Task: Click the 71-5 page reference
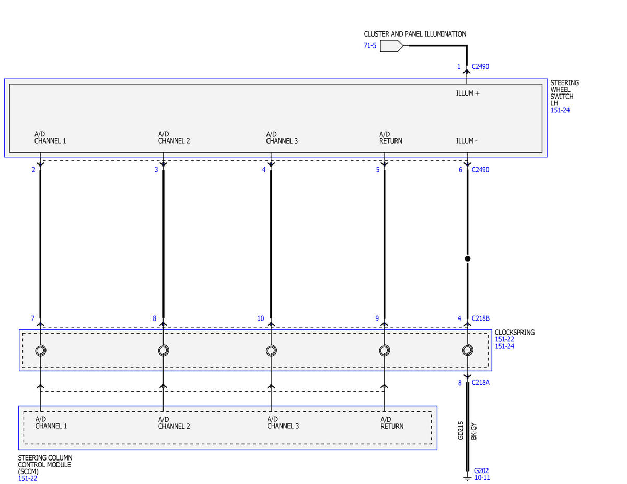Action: pos(369,45)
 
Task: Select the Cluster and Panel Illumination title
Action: pos(415,34)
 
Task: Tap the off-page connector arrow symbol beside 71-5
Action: pos(391,46)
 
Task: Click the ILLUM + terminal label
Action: pos(468,93)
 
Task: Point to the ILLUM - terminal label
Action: pos(467,141)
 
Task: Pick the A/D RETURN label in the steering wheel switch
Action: pos(390,137)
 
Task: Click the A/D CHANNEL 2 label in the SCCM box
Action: pos(173,422)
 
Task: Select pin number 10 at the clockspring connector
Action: pos(261,318)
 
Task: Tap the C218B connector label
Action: pos(480,318)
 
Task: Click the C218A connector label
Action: pos(480,383)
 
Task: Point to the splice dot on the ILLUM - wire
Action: pos(468,258)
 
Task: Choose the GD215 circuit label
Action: pos(460,430)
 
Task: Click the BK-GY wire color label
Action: pos(474,431)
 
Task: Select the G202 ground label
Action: pos(481,470)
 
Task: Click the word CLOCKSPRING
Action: pos(515,333)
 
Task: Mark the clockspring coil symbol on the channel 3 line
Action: pos(271,350)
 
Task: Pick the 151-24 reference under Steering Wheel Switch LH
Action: pos(560,110)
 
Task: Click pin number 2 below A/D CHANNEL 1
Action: pos(33,170)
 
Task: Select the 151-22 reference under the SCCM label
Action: pos(28,479)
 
